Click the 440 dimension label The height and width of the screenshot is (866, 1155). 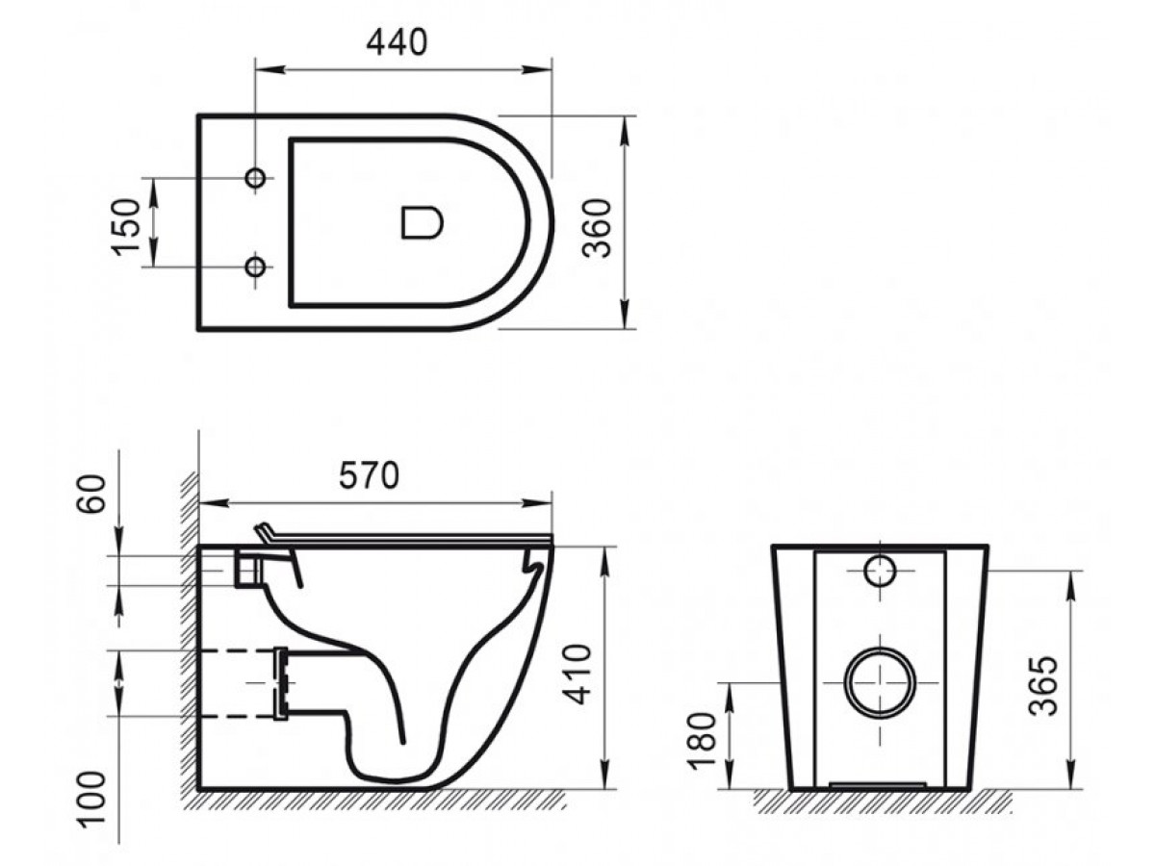(397, 42)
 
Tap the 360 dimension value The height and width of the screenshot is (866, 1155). (599, 228)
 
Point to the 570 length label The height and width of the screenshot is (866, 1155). (369, 476)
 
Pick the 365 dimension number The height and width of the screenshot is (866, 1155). (1043, 686)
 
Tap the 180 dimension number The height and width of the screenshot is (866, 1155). (703, 740)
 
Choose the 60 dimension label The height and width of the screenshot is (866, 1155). (92, 494)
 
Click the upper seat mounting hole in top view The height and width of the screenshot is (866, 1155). (255, 178)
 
